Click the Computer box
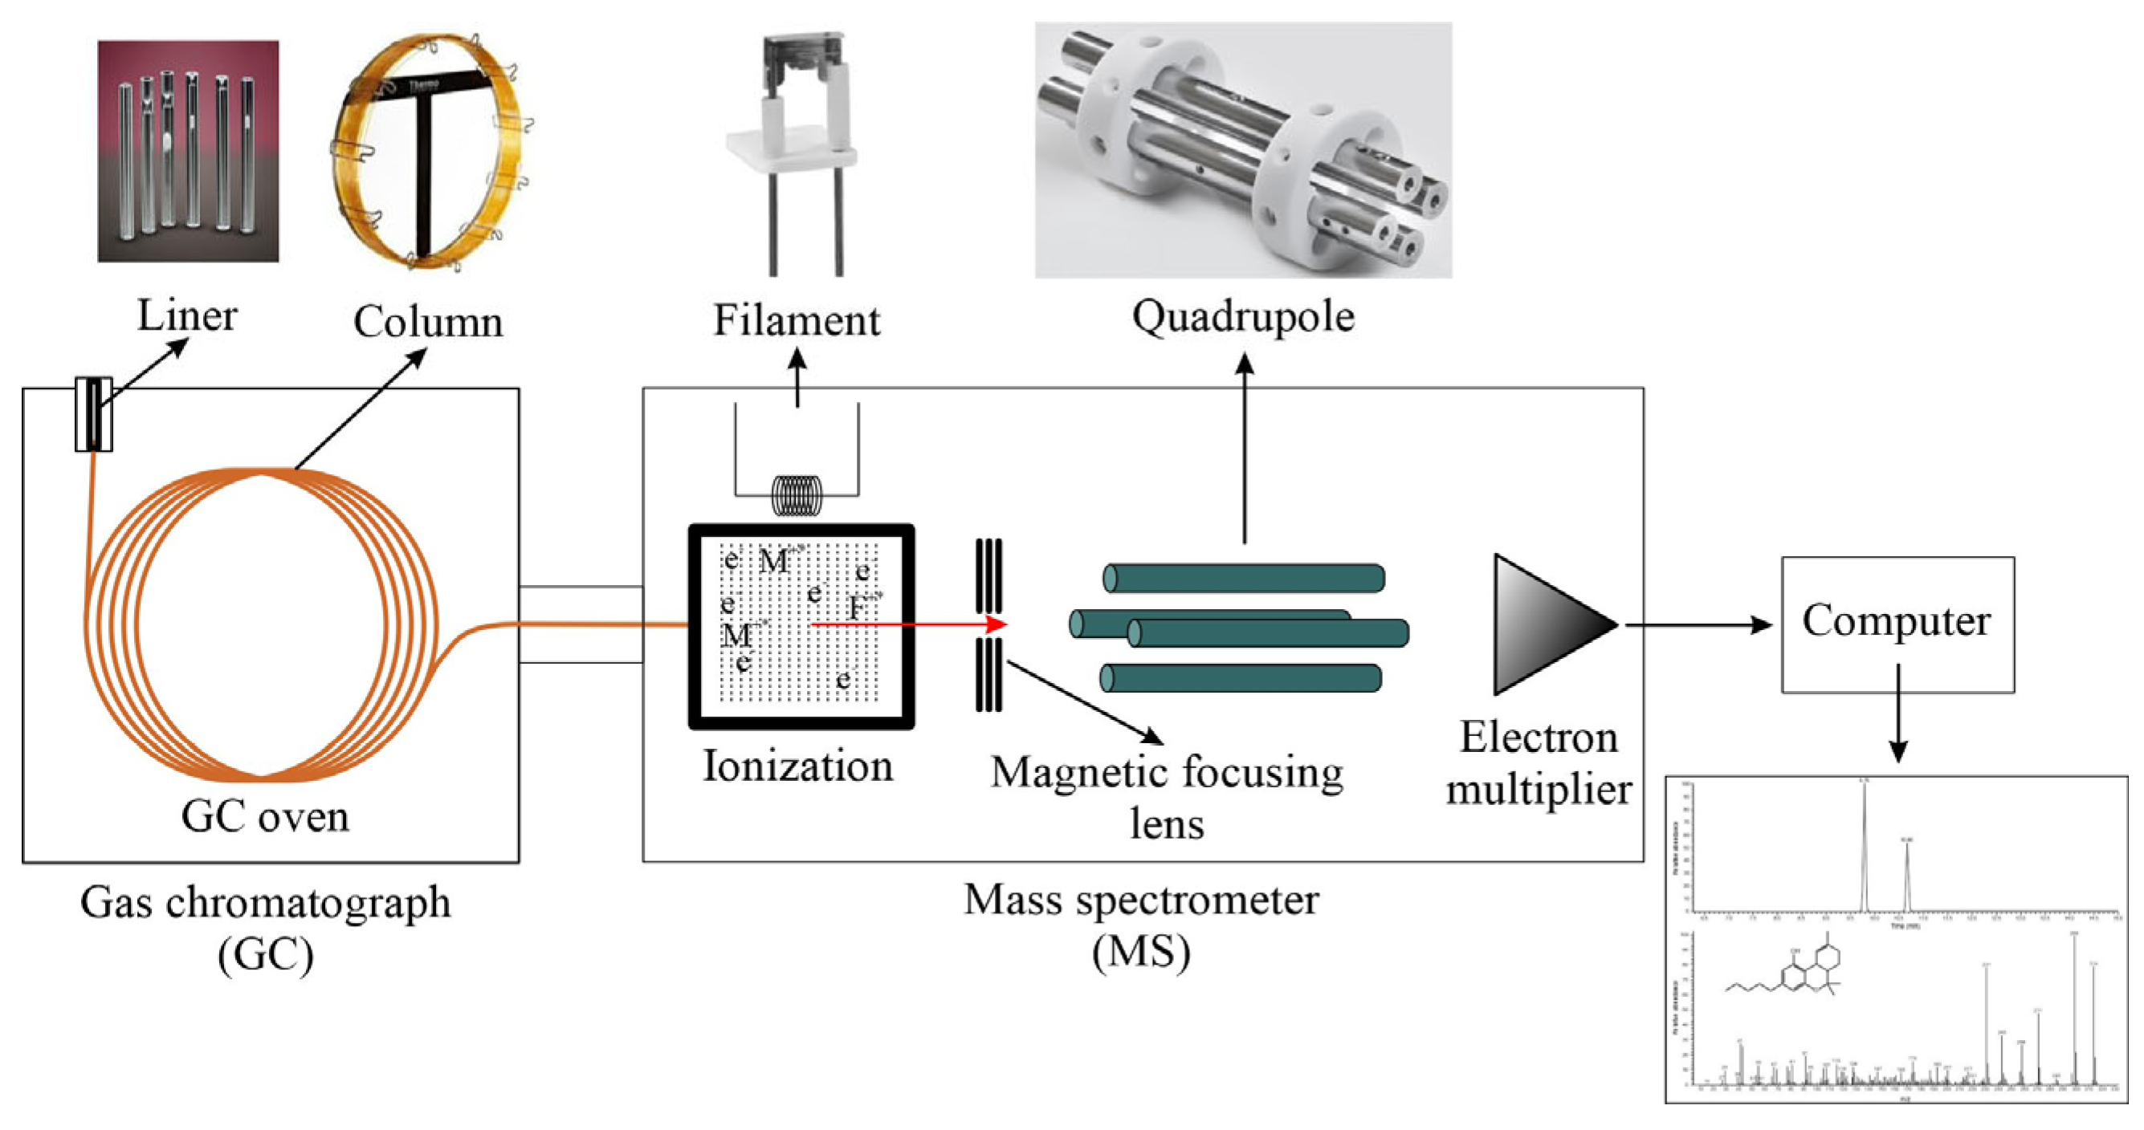[1897, 624]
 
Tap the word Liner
[186, 316]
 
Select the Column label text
[428, 322]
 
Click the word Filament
[797, 321]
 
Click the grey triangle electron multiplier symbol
[1540, 624]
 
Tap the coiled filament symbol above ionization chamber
[797, 496]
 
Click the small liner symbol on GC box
[94, 414]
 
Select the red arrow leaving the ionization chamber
[907, 624]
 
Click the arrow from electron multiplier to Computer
[1698, 624]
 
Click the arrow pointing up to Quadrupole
[1245, 449]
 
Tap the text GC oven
[265, 817]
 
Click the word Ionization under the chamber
[797, 766]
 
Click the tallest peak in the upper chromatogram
[1864, 840]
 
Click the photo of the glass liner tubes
[188, 152]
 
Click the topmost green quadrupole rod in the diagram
[1244, 578]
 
